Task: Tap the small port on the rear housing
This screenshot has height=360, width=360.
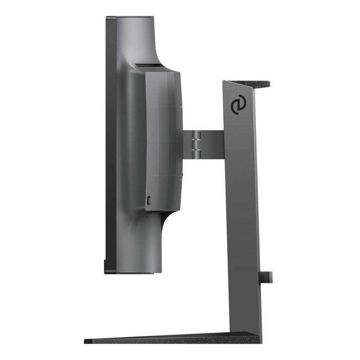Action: [149, 201]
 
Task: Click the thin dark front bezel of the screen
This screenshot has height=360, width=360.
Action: [110, 144]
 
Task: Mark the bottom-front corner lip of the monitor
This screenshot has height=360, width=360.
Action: [106, 270]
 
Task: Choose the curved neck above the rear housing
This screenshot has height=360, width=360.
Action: [149, 40]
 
